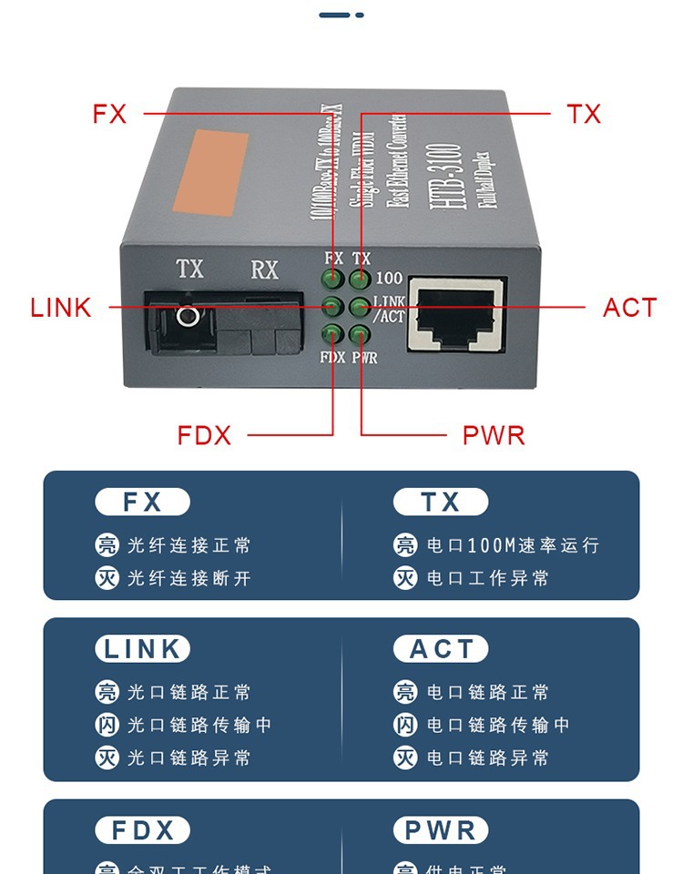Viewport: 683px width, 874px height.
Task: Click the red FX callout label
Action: point(109,114)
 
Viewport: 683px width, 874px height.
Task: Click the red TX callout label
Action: point(584,114)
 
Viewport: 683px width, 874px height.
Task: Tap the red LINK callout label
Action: point(61,308)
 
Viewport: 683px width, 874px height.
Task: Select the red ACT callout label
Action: point(629,308)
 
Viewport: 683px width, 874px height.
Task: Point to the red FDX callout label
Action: point(204,435)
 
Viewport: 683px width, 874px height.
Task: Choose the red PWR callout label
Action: point(494,435)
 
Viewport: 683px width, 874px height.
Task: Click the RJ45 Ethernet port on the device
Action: point(457,314)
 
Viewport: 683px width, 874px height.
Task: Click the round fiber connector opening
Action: point(189,317)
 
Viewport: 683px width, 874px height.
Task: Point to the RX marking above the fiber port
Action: point(264,269)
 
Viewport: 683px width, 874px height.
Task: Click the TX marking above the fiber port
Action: point(189,269)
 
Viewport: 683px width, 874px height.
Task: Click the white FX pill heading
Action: point(142,502)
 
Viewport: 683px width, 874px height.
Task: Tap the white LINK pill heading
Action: point(142,649)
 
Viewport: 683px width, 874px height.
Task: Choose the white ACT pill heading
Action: point(441,649)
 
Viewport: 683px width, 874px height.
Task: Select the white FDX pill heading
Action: point(142,830)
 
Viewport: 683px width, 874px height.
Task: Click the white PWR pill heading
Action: point(441,830)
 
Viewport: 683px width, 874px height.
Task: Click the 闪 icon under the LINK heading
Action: point(107,725)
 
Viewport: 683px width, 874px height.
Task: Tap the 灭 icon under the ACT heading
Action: point(405,757)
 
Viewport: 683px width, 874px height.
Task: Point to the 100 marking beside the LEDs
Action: point(389,278)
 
